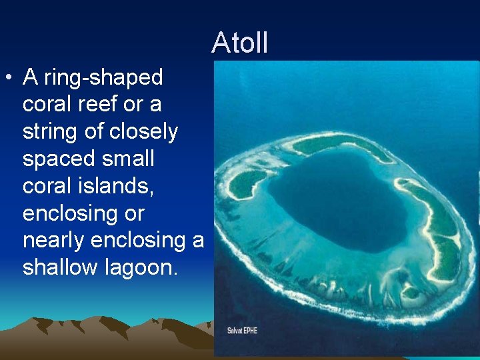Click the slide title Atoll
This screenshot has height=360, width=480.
(240, 43)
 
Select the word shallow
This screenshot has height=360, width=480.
(61, 267)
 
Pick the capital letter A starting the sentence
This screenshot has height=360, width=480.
(30, 78)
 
